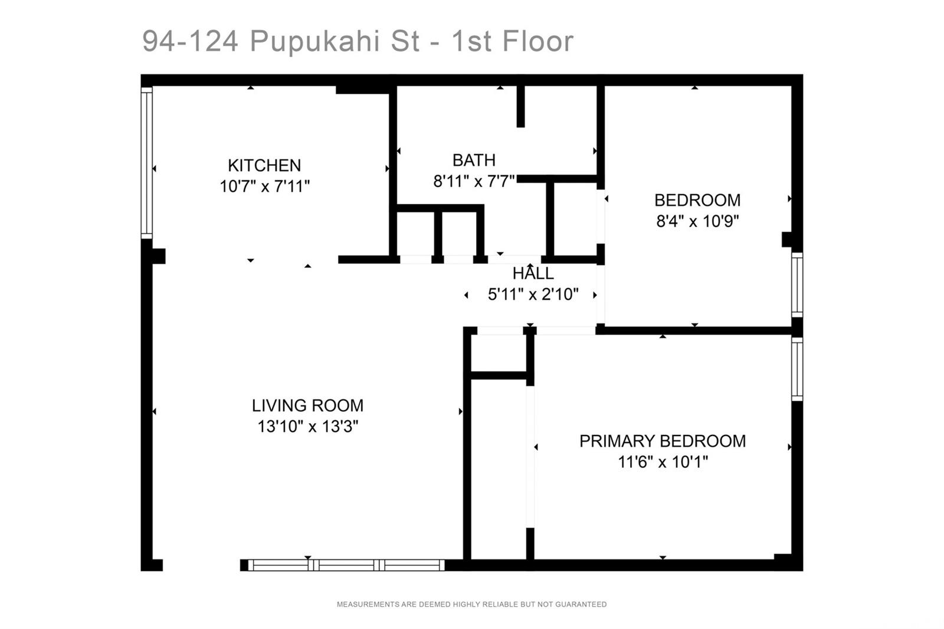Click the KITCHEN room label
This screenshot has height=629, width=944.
point(264,165)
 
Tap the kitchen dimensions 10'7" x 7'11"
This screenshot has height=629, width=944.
point(265,186)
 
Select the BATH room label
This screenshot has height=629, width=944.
point(474,160)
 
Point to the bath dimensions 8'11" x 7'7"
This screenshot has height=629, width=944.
point(474,181)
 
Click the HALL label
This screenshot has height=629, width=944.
point(533,274)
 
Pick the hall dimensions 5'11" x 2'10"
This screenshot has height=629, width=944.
point(533,294)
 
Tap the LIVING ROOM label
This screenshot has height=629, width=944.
point(307,405)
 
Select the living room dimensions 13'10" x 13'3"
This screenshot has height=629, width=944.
point(307,426)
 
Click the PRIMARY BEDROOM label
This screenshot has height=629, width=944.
point(663,441)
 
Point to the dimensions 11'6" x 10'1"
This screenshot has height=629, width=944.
point(663,462)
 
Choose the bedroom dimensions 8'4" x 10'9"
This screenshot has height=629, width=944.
point(697,221)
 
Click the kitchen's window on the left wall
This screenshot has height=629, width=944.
point(147,163)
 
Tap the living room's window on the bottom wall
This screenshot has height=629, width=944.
point(346,565)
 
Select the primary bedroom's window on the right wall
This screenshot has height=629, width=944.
point(797,369)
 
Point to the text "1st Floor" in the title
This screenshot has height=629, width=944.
point(513,41)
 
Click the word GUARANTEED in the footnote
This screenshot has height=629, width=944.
point(581,604)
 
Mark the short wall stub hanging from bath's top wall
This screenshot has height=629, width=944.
point(521,106)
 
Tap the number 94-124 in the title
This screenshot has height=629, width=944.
point(190,41)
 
